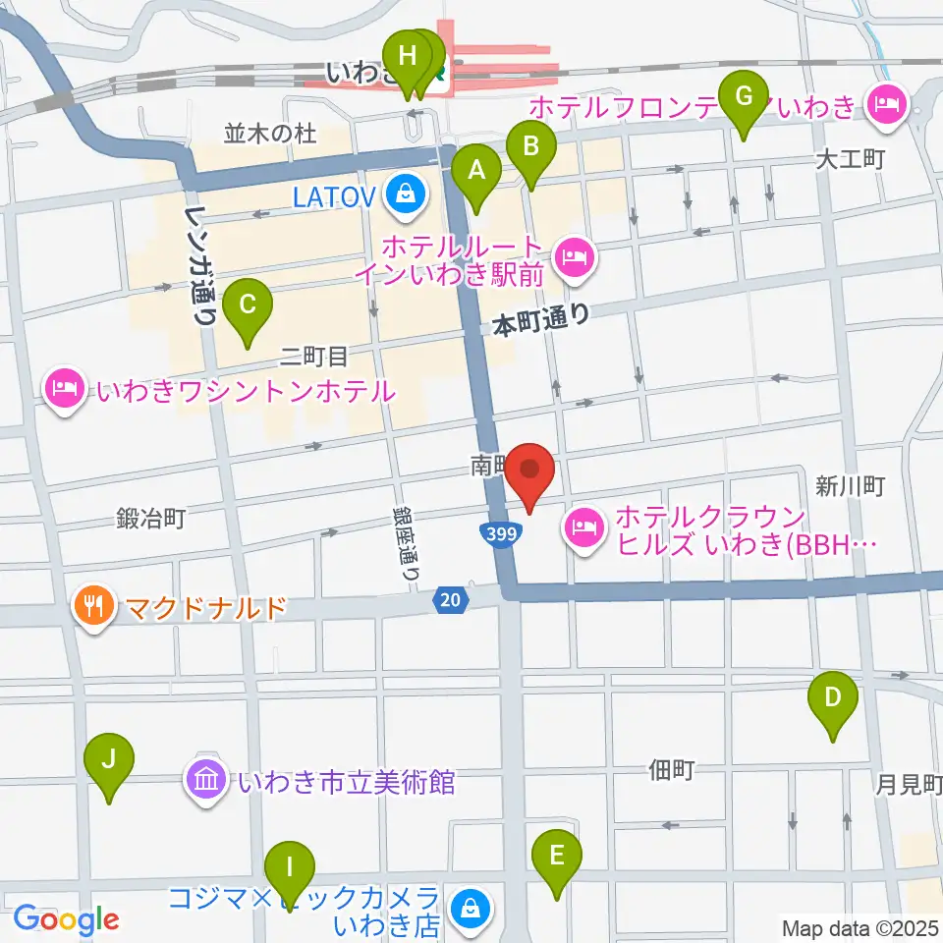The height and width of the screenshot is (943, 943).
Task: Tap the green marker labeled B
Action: (530, 149)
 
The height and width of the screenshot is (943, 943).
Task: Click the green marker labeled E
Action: (556, 858)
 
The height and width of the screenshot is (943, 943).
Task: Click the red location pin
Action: (531, 472)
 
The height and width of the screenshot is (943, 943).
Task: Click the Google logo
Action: (66, 919)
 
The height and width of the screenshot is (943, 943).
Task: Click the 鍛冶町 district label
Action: (149, 518)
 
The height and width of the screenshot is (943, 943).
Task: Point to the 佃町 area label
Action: (672, 770)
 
